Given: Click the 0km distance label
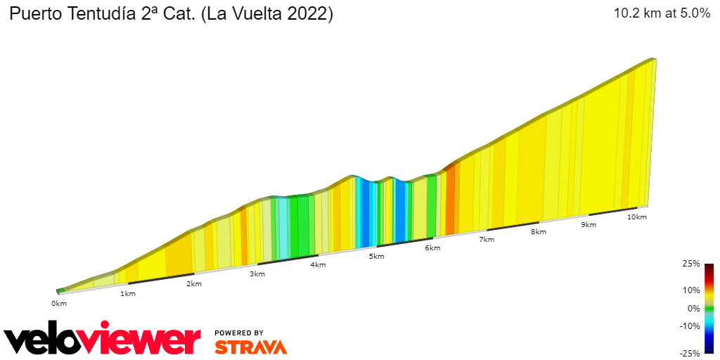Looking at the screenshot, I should coord(58,303).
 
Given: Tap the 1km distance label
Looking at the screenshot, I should coord(128,293).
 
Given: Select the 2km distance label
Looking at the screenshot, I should coord(194,283).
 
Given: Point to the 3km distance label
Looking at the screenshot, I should coord(257,274).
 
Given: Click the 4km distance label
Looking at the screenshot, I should coord(317,264).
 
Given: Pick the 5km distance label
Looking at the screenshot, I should coord(377,256).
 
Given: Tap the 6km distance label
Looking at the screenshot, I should coord(432,247).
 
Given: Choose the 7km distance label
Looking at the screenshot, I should coord(487,239).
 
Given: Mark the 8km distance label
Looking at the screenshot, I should coord(539,231).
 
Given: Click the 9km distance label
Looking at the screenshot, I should coord(589,224).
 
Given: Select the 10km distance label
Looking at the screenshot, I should coord(637,217).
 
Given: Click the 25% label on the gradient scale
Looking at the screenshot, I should coord(690,264).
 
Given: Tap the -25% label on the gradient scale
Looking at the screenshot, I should coord(689,354).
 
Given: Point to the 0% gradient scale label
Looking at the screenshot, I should coord(693,308).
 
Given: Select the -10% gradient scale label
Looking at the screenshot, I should coord(689,326).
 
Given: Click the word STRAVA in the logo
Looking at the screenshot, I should coord(250,347).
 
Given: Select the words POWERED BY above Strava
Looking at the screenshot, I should coord(239,333).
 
